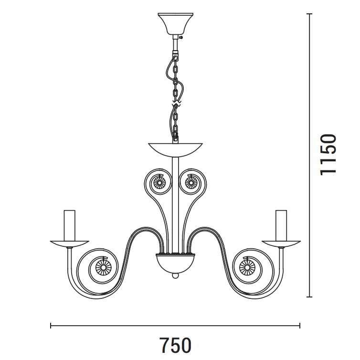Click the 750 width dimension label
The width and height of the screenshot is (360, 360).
[175, 345]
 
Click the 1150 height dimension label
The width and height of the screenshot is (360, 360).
[328, 155]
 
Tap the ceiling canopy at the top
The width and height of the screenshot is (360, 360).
[175, 24]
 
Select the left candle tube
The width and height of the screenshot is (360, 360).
[70, 225]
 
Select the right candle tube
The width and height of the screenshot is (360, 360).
[281, 225]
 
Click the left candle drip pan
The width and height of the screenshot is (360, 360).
[70, 244]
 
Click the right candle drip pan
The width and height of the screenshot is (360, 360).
[281, 244]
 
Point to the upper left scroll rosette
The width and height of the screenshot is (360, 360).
[158, 183]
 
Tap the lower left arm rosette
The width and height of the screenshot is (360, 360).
[103, 267]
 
